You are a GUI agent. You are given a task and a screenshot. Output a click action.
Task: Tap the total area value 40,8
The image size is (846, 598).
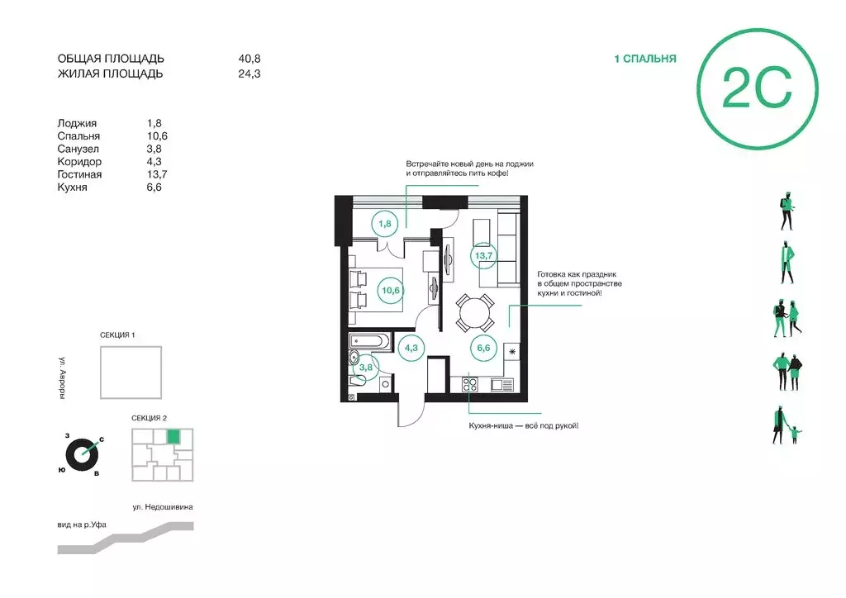(x=250, y=59)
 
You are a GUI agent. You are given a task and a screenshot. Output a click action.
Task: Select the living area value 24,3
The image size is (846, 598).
(x=250, y=74)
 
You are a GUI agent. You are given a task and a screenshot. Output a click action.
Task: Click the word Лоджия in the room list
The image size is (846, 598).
(x=77, y=124)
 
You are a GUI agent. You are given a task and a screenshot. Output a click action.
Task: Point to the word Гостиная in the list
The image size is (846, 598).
(x=79, y=174)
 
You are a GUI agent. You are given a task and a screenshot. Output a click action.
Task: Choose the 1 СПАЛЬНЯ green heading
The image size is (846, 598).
(x=645, y=59)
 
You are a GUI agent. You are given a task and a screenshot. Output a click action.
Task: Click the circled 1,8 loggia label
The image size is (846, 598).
(x=385, y=223)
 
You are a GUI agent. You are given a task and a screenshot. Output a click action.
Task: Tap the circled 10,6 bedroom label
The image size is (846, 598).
(x=391, y=291)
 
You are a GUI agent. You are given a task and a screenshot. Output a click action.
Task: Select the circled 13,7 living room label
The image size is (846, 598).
(x=483, y=255)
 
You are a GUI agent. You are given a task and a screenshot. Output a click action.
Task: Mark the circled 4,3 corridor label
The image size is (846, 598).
(x=411, y=348)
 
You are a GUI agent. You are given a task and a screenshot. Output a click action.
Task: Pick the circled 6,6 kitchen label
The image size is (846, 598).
(x=483, y=348)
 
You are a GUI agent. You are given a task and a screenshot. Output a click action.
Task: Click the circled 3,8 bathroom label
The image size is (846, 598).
(x=366, y=368)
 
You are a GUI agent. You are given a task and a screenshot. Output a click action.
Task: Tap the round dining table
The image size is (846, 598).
(x=475, y=312)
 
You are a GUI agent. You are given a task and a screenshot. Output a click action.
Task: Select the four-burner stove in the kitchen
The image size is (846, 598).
(x=469, y=384)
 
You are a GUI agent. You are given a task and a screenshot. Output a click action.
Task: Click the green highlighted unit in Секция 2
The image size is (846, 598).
(x=173, y=436)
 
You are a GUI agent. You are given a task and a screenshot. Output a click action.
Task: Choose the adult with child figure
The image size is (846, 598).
(x=787, y=425)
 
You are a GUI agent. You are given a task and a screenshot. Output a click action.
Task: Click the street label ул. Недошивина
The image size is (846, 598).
(x=163, y=507)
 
